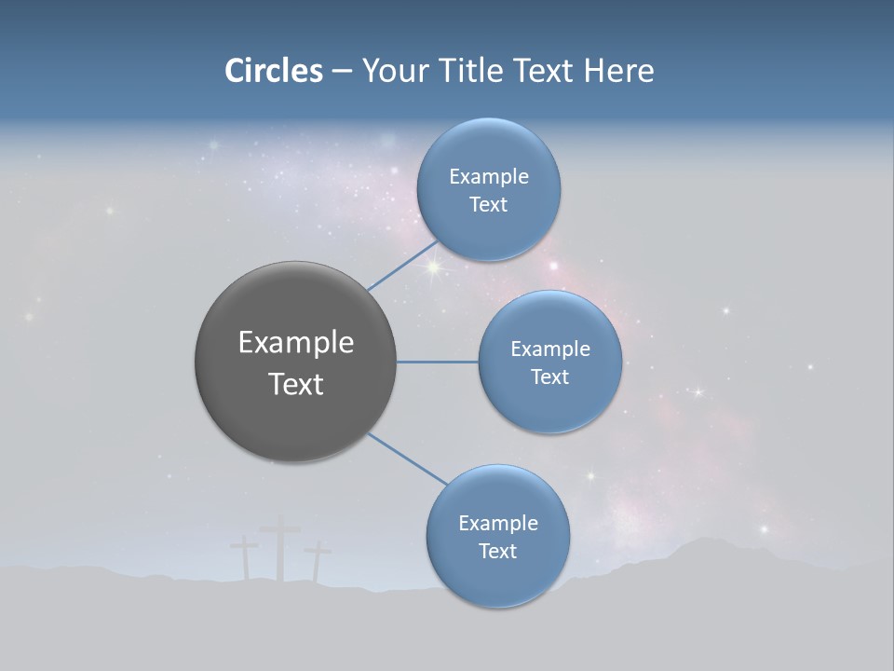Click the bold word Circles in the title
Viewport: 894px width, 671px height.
pos(273,71)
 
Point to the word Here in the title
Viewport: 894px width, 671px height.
pos(618,71)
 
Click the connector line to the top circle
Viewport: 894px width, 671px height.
pos(402,267)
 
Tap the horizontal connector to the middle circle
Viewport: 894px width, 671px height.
pos(438,362)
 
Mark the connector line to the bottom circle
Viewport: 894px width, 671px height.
pos(407,459)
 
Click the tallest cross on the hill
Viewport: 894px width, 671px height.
pos(279,550)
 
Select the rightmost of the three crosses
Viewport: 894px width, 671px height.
pos(318,561)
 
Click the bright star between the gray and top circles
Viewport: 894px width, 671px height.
pos(433,267)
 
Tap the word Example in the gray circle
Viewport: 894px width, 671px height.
pos(296,343)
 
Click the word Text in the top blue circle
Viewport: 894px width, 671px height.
pos(488,205)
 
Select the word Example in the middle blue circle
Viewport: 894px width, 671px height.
pos(550,349)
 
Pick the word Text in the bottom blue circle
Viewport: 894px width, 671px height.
pos(497,552)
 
